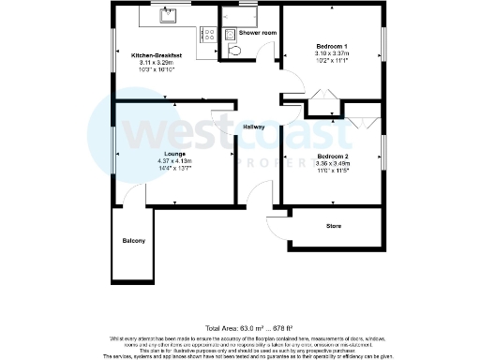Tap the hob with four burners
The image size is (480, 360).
[208, 34]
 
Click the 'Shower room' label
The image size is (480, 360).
[257, 33]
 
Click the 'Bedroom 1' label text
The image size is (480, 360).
[332, 47]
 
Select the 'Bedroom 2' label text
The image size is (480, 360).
[332, 156]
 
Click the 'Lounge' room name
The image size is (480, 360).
[174, 154]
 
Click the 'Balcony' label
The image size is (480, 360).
[133, 241]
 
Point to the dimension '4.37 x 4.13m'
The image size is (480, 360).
[174, 161]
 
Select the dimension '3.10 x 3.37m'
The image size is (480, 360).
[332, 54]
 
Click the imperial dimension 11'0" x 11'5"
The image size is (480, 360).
[332, 171]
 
